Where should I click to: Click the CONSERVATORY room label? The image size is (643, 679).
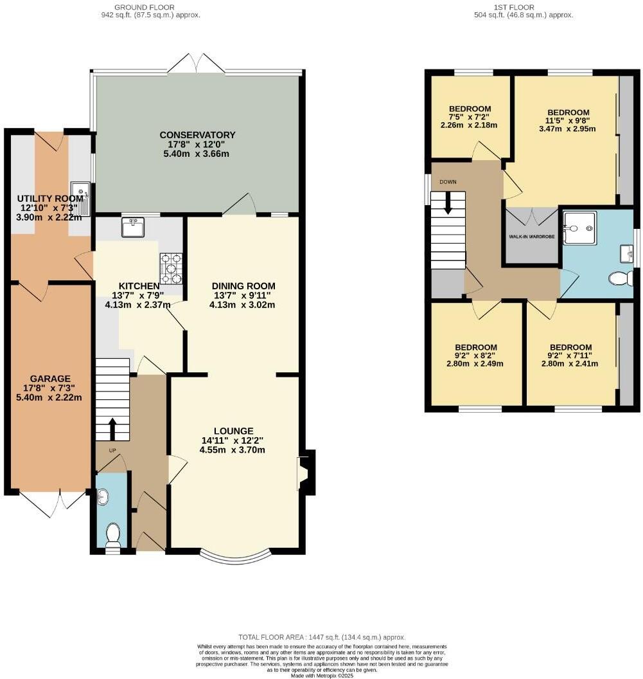coord(197,135)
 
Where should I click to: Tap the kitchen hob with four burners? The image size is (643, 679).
coord(172,269)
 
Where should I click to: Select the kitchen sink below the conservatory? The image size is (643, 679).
coord(133,227)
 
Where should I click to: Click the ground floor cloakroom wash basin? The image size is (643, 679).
coord(103,497)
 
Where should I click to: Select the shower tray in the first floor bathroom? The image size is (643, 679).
coord(579,228)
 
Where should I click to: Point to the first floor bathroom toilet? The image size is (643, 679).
coord(621,278)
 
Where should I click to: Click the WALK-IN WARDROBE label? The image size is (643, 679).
coord(532,237)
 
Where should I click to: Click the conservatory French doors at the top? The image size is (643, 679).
coord(197,63)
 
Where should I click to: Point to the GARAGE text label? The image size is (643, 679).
coord(49,379)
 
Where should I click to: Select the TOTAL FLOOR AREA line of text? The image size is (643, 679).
coord(322,637)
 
